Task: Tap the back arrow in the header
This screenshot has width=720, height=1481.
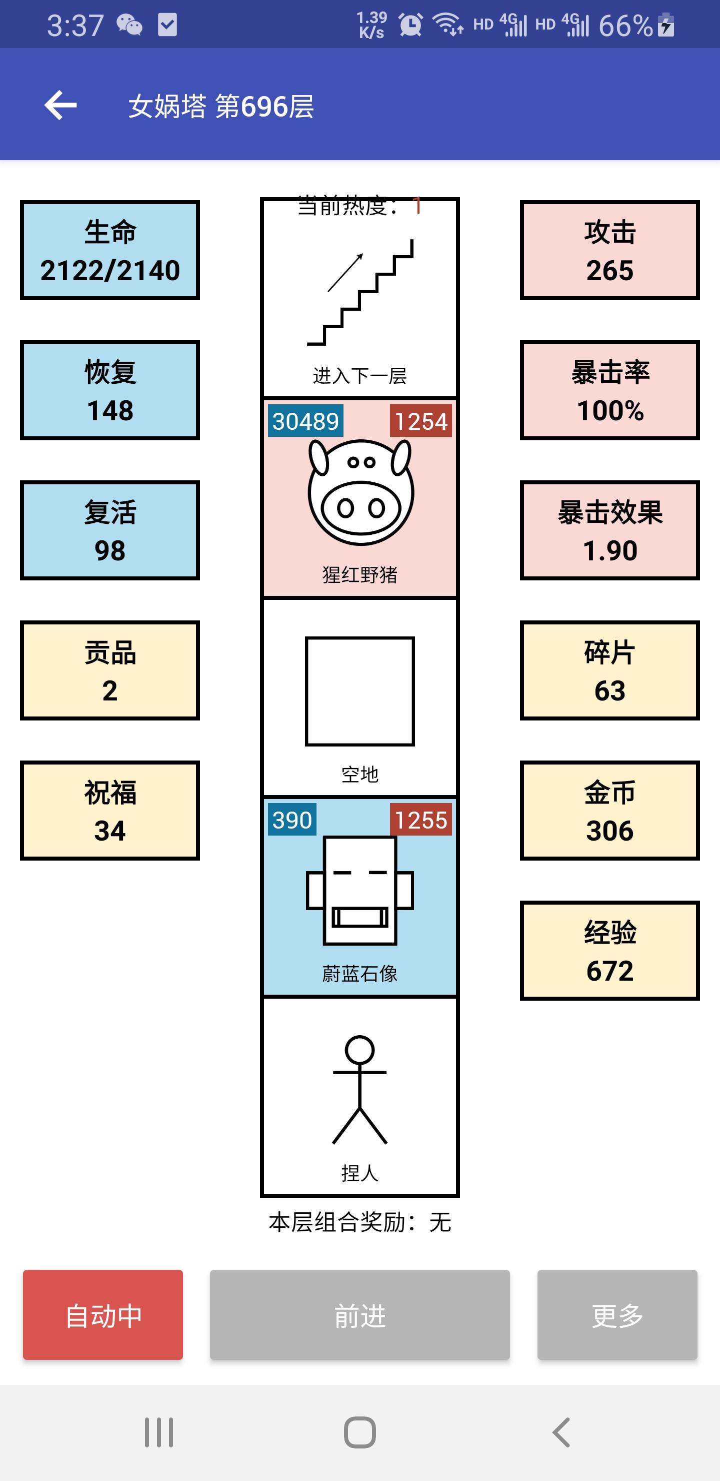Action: [60, 105]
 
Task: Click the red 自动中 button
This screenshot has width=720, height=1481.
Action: [103, 1314]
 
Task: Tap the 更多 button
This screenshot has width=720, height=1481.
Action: [617, 1314]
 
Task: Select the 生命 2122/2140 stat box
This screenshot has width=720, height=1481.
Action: [110, 251]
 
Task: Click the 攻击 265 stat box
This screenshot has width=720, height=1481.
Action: [609, 251]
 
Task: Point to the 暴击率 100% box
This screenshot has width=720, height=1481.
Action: [609, 390]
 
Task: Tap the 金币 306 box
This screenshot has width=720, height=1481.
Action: [609, 811]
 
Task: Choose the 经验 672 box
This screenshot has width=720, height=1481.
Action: [609, 951]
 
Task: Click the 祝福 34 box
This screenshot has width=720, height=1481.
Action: [110, 811]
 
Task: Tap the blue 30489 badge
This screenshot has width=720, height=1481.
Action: [305, 421]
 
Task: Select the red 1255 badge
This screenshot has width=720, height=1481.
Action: [420, 820]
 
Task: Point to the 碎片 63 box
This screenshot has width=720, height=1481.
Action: [609, 670]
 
